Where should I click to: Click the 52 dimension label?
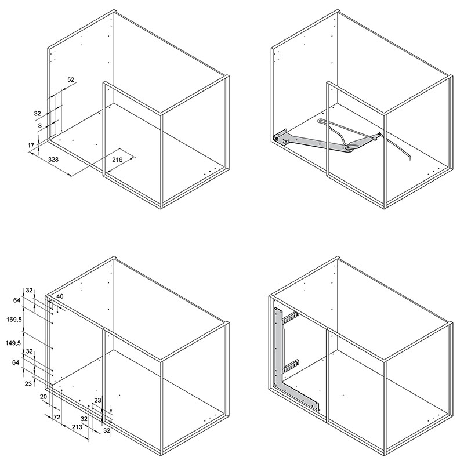click(71, 79)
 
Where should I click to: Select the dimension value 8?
click(40, 126)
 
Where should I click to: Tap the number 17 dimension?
click(31, 146)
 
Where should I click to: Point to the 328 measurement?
click(53, 159)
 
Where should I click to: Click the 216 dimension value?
click(117, 160)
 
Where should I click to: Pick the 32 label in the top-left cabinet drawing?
click(37, 113)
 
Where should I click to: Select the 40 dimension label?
click(60, 296)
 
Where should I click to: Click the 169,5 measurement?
click(14, 319)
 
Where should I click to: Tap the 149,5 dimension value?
click(13, 343)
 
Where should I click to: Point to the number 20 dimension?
click(43, 396)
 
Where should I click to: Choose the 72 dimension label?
click(57, 417)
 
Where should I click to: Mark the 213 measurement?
click(77, 427)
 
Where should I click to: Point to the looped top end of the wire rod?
click(322, 121)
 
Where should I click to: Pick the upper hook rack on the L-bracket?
click(290, 317)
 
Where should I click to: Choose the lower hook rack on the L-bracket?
click(291, 366)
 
